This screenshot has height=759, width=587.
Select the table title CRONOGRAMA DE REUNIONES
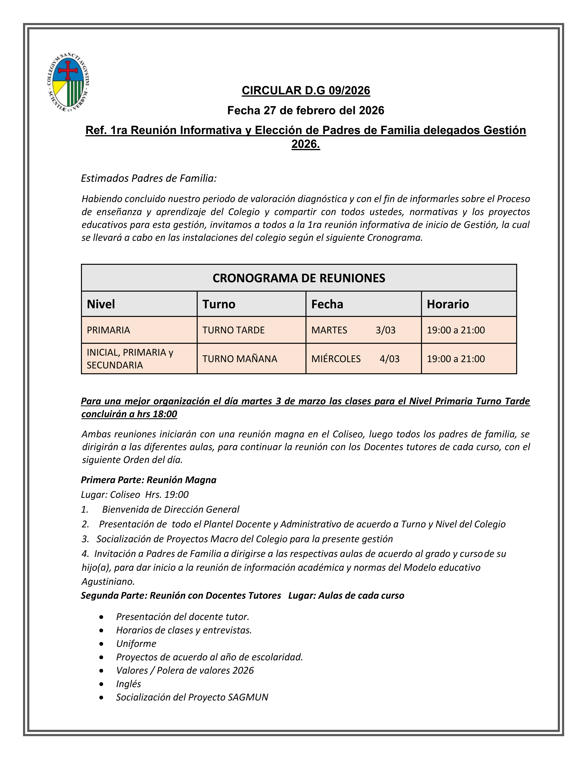click(299, 278)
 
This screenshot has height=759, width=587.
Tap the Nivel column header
click(101, 304)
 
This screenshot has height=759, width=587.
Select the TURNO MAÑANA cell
click(240, 359)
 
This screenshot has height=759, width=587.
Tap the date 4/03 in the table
click(389, 359)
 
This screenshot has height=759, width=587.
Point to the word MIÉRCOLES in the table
click(336, 359)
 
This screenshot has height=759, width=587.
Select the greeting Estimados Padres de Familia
click(149, 178)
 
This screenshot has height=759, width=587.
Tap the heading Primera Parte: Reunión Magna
click(148, 480)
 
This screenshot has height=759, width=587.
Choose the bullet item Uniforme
click(136, 644)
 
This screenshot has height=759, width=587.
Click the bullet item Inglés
click(128, 684)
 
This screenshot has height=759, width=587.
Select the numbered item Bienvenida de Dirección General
click(170, 509)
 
